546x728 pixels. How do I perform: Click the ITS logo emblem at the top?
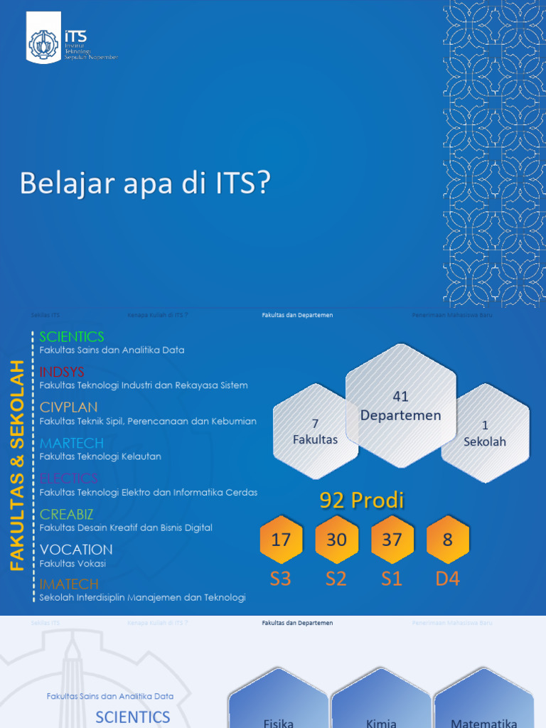(44, 44)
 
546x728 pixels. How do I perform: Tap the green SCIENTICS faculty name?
(72, 336)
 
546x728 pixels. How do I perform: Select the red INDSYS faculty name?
(62, 372)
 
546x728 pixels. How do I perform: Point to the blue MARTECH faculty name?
(72, 443)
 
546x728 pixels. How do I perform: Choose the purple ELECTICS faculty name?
(69, 478)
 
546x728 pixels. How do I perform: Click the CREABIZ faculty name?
(67, 514)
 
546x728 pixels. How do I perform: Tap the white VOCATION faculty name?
(76, 550)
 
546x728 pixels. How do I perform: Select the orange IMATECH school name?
(69, 584)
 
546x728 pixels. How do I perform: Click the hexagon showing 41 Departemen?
(400, 406)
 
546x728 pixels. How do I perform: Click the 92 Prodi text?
(361, 500)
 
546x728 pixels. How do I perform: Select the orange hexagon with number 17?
(281, 540)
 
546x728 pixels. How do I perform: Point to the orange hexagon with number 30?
(336, 540)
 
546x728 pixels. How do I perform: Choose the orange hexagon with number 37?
(392, 540)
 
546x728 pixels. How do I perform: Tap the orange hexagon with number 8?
(447, 540)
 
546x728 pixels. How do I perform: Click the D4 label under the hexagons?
(447, 579)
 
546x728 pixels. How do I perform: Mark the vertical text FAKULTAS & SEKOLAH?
(17, 466)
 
